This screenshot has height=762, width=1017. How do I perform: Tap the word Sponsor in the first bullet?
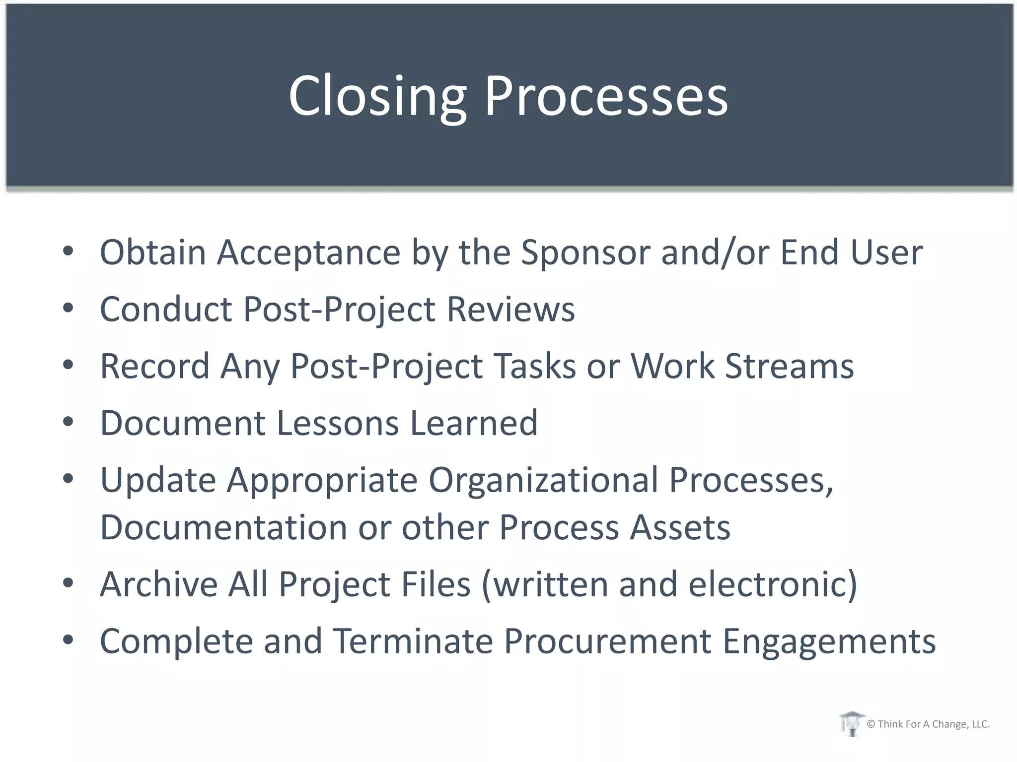pyautogui.click(x=585, y=252)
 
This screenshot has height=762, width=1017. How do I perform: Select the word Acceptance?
pyautogui.click(x=308, y=252)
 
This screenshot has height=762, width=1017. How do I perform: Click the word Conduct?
pyautogui.click(x=166, y=309)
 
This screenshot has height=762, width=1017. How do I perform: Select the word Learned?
pyautogui.click(x=474, y=423)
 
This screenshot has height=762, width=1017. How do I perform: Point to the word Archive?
pyautogui.click(x=158, y=584)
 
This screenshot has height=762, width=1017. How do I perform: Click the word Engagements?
pyautogui.click(x=829, y=641)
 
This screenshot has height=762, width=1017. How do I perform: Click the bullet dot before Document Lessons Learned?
pyautogui.click(x=68, y=422)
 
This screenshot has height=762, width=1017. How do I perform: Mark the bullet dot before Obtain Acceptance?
pyautogui.click(x=68, y=251)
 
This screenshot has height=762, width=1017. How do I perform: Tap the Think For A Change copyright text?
pyautogui.click(x=928, y=724)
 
